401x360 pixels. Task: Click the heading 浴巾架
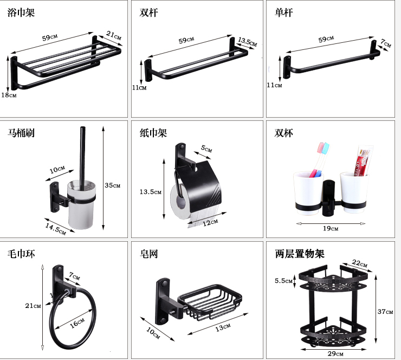(x=21, y=12)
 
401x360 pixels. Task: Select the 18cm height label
(x=9, y=95)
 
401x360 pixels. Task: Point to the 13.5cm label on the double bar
(x=247, y=40)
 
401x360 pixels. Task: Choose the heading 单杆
(x=283, y=12)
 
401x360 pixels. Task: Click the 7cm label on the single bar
(x=385, y=42)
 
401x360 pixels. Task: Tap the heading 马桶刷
(x=21, y=133)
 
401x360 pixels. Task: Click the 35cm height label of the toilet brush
(x=112, y=185)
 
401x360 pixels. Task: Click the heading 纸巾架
(x=153, y=133)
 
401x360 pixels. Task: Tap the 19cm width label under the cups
(x=331, y=228)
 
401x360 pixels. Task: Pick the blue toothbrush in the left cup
(x=319, y=157)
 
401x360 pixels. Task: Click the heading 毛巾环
(x=21, y=253)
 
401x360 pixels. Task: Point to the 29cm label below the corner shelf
(x=336, y=353)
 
